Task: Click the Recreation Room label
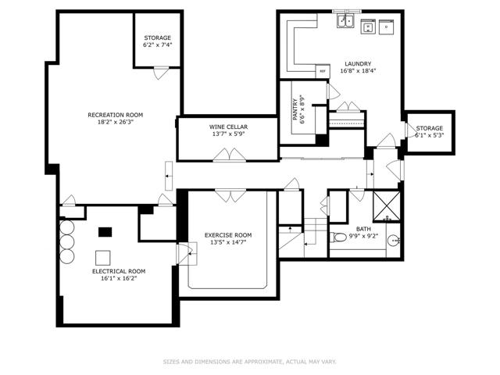pos(116,115)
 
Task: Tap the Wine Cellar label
pos(228,127)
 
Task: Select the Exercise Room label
pos(228,235)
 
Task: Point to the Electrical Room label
pos(119,271)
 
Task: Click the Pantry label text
pos(295,109)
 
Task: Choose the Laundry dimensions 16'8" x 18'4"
pos(358,71)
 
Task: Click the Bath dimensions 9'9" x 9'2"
pos(363,236)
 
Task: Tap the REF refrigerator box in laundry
pos(323,71)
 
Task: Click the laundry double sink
pos(345,21)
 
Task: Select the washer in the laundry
pos(369,27)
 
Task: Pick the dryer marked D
pos(386,27)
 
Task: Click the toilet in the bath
pos(338,237)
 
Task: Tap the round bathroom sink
pos(394,241)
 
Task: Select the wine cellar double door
pos(229,155)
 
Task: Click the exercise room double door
pos(230,195)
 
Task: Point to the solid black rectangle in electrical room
pos(105,232)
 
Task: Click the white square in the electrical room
pos(102,258)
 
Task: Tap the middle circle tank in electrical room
pos(67,242)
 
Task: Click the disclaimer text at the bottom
pos(250,362)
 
